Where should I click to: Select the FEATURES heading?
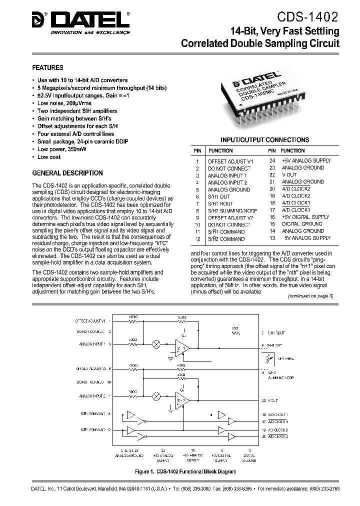(47, 67)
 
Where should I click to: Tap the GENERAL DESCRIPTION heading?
(67, 173)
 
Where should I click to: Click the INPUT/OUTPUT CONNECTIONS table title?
(264, 140)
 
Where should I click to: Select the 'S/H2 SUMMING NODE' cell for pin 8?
(233, 210)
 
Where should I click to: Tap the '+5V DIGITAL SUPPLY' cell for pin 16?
(305, 217)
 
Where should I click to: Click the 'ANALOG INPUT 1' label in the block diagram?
(91, 344)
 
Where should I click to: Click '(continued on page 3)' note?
(310, 295)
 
